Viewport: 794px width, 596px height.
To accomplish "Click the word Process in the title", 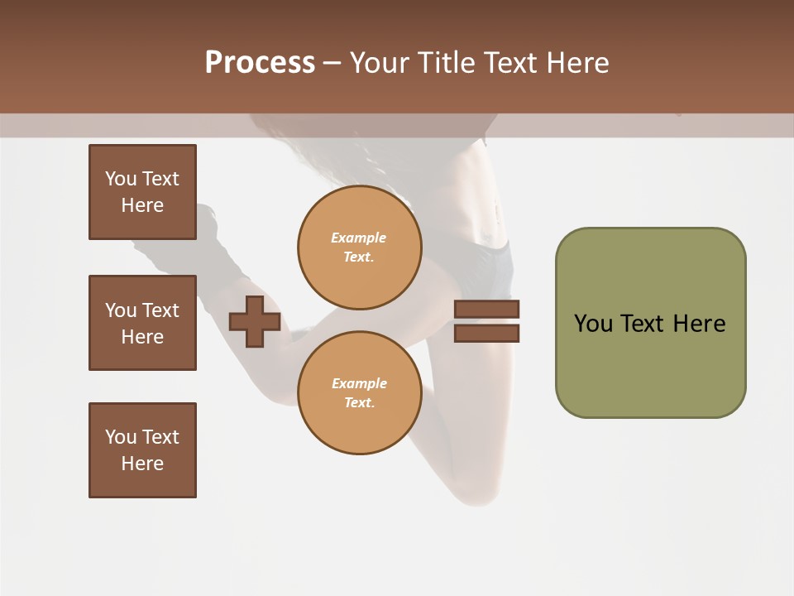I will tap(260, 63).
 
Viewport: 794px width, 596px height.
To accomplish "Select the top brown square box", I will tap(142, 192).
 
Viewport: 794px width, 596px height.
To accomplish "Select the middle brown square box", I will tap(142, 323).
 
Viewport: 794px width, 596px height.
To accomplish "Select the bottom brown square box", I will tap(142, 450).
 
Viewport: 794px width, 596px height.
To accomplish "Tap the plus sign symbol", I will tap(254, 321).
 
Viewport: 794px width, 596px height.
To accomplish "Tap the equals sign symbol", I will tap(486, 321).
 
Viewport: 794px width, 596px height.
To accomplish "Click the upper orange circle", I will tap(360, 247).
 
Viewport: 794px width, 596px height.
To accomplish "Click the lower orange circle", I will tap(360, 392).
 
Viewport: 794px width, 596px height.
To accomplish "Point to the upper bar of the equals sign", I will tap(486, 310).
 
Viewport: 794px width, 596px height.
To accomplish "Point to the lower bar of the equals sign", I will tap(486, 333).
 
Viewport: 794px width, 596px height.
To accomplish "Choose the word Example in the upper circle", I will tap(359, 238).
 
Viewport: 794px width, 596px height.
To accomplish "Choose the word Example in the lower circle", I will tap(359, 384).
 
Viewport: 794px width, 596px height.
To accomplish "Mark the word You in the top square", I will tap(121, 179).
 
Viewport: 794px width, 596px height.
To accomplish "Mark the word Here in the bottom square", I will tap(142, 464).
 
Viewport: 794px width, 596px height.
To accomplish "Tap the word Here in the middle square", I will tap(142, 337).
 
